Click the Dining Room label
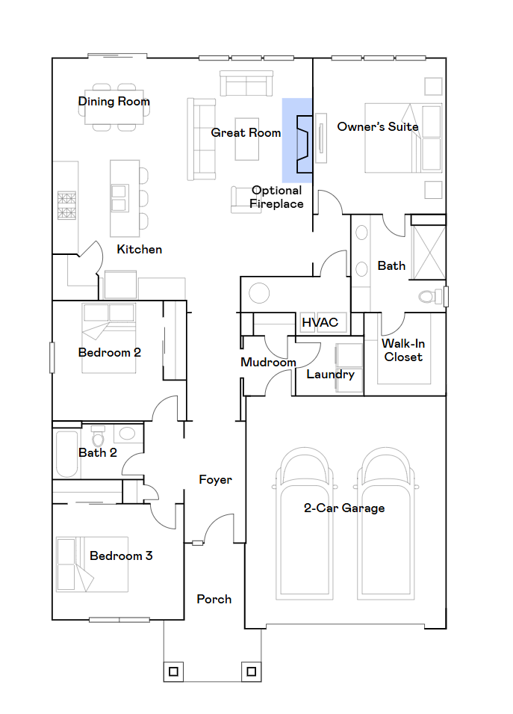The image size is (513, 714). pos(114,102)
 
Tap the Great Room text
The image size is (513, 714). pos(246,132)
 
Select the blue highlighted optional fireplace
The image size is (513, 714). pos(297,141)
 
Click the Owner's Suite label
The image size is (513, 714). pos(378,126)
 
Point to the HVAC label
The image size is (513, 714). pos(320,322)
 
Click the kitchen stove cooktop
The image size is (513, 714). pos(66,206)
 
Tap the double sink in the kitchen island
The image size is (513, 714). pos(119,197)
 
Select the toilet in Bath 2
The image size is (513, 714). pos(98,437)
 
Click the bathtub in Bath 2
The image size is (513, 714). pos(67,454)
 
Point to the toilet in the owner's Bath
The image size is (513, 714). pos(430,297)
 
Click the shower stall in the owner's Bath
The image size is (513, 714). pos(427,252)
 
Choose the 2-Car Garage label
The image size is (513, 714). pos(344,508)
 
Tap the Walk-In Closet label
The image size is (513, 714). pos(403,350)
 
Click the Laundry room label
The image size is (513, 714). pos(330,375)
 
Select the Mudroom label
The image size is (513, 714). pos(268,363)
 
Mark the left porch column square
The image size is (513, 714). pos(173,671)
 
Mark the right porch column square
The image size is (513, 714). pos(252,671)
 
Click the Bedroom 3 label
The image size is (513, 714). pos(121,555)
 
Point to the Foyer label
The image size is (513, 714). pos(216,480)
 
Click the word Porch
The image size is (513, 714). pos(214,600)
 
